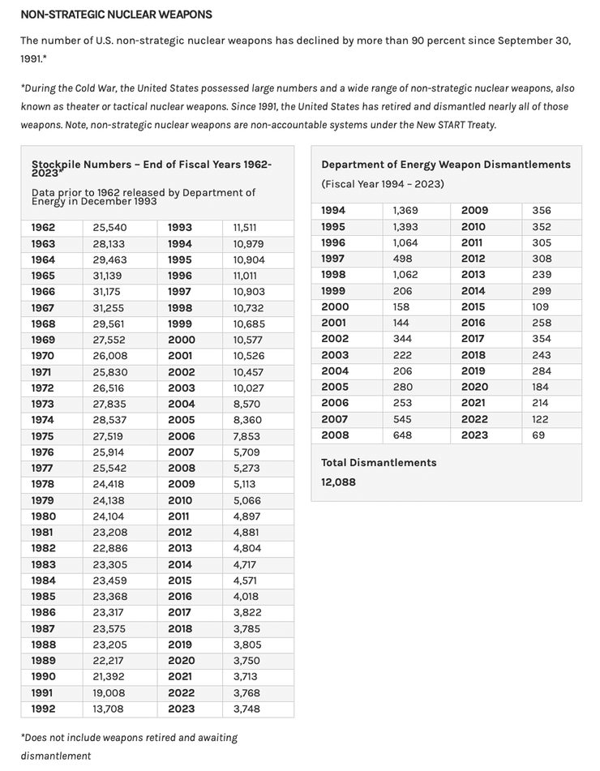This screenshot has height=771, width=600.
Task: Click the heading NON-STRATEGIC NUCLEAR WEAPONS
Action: point(116,15)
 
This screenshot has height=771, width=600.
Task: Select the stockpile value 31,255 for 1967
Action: point(108,307)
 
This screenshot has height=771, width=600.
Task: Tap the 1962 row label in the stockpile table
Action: point(44,228)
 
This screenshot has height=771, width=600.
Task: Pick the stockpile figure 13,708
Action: point(108,709)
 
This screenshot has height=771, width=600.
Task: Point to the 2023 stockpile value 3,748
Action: point(247,709)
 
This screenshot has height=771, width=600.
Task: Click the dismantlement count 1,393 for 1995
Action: point(405,227)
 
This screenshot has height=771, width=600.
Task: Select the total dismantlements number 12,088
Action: point(338,482)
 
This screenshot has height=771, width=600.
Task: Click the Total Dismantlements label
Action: point(379,463)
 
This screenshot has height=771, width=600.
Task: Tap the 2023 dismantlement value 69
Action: point(539,435)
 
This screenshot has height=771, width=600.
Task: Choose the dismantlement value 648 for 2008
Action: point(402,435)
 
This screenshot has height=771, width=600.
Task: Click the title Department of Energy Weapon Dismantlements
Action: point(446,165)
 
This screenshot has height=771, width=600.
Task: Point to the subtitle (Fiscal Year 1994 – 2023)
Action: point(383,184)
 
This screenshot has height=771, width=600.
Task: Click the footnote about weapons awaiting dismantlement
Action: point(129,746)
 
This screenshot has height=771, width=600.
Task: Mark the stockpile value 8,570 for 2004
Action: point(247,404)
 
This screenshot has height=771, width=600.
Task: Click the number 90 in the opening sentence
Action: point(423,41)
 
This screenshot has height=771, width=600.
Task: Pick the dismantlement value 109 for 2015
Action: point(540,307)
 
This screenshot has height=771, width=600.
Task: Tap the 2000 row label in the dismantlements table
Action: point(335,307)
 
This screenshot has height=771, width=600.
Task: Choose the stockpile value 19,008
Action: point(109,692)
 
